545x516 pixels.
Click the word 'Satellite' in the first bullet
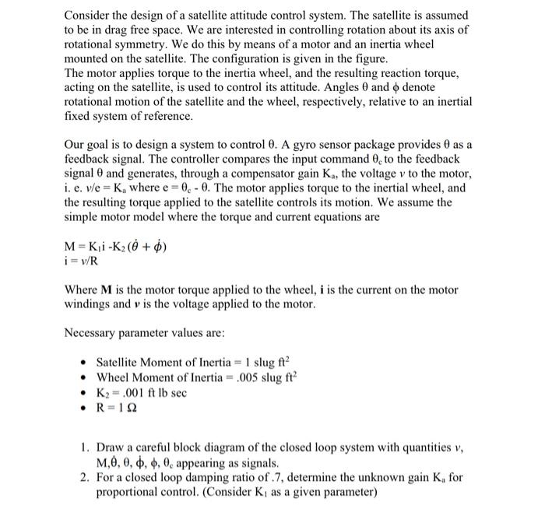coord(120,363)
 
